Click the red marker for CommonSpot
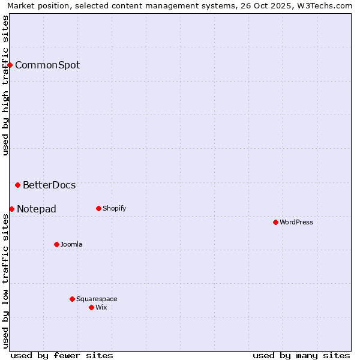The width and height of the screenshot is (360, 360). pos(10,65)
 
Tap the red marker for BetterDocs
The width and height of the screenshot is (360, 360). pos(18,185)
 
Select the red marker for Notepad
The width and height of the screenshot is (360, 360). pos(11,209)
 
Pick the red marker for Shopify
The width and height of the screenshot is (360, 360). pos(98,208)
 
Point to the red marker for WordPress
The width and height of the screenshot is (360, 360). pos(275,222)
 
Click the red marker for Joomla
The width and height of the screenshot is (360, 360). pos(56,244)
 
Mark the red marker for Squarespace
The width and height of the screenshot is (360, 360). pos(72,299)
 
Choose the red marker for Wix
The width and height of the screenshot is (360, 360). pos(91,307)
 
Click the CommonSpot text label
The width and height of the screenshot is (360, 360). pos(47,65)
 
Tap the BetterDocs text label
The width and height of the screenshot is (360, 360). pos(49,185)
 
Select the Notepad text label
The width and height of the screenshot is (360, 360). pos(37,209)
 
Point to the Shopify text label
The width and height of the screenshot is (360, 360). pos(114,208)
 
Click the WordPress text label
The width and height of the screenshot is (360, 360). pos(296,222)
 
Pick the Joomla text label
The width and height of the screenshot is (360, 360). pos(71,244)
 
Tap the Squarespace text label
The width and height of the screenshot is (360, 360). pos(97,299)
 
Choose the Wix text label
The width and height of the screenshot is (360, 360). pos(101,307)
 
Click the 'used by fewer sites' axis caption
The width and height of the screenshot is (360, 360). pos(62,355)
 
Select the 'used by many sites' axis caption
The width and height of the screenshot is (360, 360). pos(301,355)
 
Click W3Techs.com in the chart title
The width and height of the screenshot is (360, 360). pos(326,5)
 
